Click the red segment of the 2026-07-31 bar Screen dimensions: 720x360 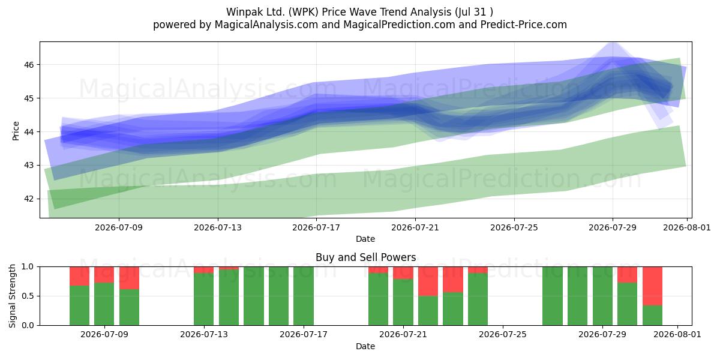tap(653, 286)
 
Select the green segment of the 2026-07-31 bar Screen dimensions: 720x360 tap(653, 316)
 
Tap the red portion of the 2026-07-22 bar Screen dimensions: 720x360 tap(428, 281)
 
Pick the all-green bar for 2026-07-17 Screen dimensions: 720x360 tap(304, 296)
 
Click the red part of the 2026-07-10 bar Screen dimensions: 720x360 tap(129, 278)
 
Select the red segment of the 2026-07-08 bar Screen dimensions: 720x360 tap(79, 276)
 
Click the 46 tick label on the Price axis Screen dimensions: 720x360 tap(29, 65)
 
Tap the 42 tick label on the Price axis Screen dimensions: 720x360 tap(29, 199)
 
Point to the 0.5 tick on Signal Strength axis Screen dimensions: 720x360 tap(28, 296)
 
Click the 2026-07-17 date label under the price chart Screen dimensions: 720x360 tap(316, 227)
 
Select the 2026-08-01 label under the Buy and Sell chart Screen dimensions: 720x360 tap(677, 334)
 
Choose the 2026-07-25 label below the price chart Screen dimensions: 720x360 tap(514, 227)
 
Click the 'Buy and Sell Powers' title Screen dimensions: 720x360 tap(366, 257)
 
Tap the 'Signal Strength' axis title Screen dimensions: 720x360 tap(12, 296)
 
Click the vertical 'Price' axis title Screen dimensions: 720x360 tap(16, 131)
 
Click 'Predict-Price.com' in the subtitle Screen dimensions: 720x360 tap(524, 25)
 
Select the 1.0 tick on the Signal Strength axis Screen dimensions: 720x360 tap(28, 267)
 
